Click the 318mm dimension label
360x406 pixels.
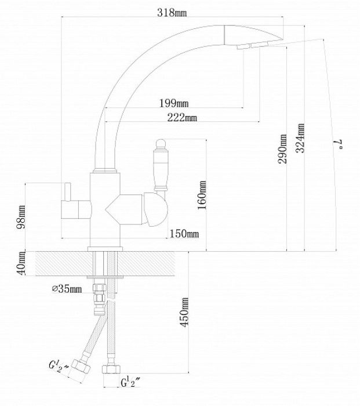point(172,13)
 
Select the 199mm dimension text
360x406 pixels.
point(174,103)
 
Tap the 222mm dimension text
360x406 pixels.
point(182,118)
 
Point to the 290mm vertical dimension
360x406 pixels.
point(282,148)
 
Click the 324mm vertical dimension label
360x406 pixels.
point(300,138)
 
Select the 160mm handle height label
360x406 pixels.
point(202,195)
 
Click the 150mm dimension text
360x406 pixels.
point(184,234)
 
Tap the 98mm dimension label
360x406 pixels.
point(21,217)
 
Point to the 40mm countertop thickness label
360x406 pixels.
point(21,263)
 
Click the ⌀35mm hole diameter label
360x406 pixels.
point(67,288)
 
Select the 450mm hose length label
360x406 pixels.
point(184,312)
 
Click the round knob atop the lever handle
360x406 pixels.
point(161,143)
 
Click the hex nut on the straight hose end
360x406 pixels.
point(111,369)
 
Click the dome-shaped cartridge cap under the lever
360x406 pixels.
point(155,209)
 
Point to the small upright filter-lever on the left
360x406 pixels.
point(68,192)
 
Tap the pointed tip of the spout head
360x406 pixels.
point(282,39)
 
